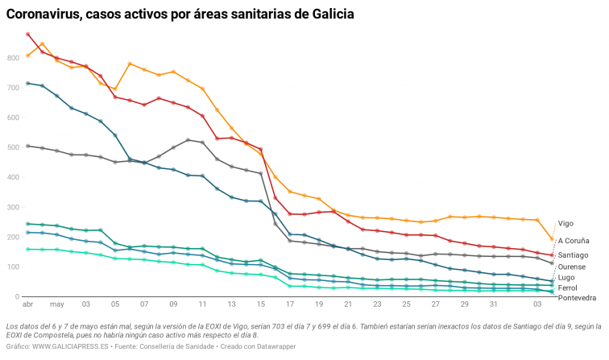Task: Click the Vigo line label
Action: tap(565, 224)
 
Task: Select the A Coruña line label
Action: tap(574, 240)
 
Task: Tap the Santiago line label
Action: tap(573, 254)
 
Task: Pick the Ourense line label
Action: tap(572, 266)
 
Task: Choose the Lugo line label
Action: tap(566, 277)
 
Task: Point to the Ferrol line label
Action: tap(567, 288)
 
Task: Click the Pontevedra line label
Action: tap(577, 298)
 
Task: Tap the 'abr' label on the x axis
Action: tap(27, 305)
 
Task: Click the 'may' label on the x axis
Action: tap(56, 305)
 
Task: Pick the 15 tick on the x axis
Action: tap(261, 305)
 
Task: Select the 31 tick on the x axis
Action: tap(493, 305)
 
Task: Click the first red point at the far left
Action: tap(28, 35)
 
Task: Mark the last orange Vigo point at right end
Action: tap(551, 239)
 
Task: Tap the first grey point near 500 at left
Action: tap(28, 146)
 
